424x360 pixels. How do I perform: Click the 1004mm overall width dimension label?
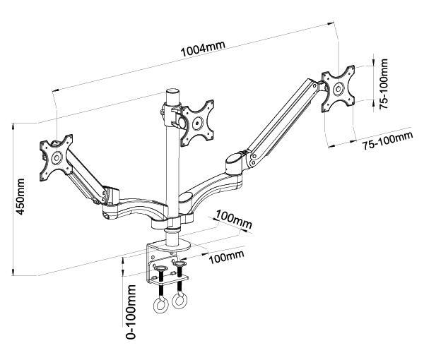(203, 49)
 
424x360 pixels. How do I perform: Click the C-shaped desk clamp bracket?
(157, 261)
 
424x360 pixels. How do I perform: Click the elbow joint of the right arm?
(235, 164)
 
